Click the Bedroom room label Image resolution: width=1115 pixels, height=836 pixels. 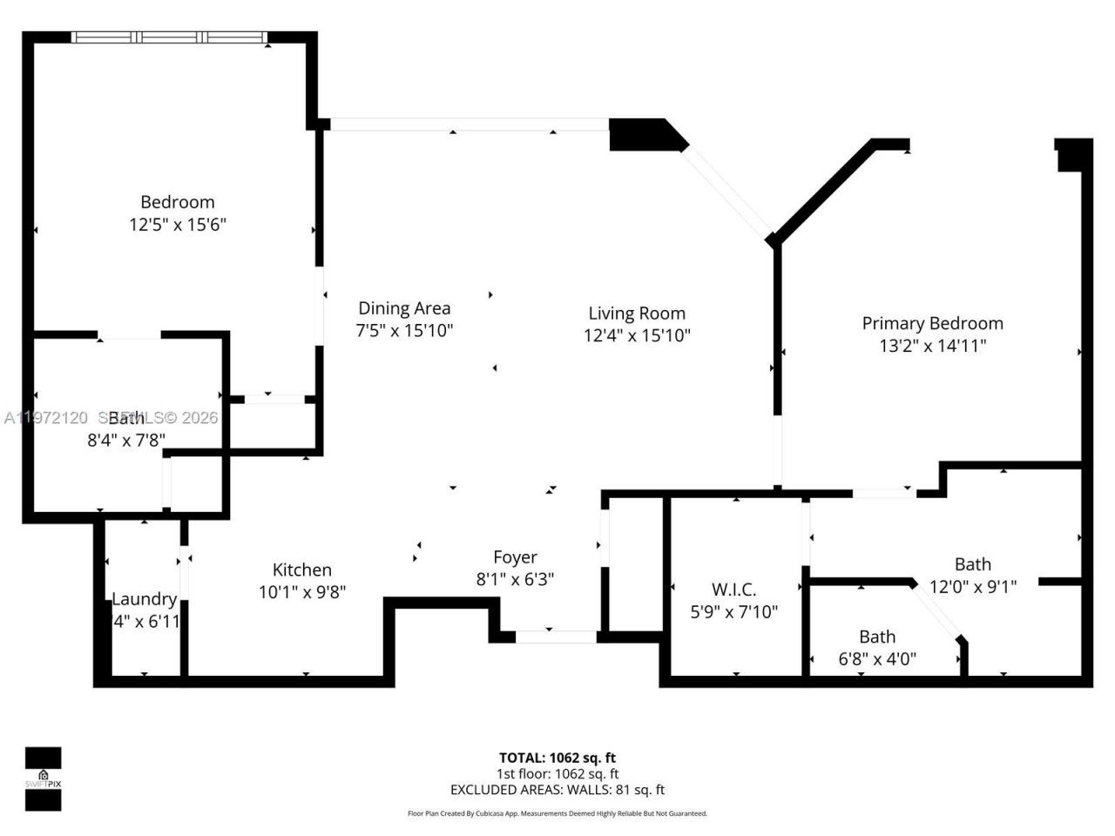[x=178, y=202]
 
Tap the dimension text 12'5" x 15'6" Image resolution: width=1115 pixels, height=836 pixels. [x=178, y=225]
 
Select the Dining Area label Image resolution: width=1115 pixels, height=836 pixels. [x=404, y=308]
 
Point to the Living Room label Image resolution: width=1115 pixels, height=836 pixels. [x=637, y=313]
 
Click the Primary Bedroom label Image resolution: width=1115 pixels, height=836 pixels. [x=932, y=323]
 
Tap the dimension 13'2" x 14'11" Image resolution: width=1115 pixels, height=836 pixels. [x=932, y=346]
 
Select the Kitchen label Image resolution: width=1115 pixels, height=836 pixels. [x=302, y=570]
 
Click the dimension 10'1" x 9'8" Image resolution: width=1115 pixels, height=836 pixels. [x=302, y=592]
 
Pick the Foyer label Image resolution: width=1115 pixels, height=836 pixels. [x=515, y=557]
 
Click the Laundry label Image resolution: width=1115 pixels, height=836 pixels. [x=145, y=599]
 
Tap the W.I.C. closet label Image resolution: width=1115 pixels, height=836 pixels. [x=733, y=590]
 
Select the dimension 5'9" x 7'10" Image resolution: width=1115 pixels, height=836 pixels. [x=733, y=612]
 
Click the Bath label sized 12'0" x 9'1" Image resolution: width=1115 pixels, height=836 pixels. [x=972, y=564]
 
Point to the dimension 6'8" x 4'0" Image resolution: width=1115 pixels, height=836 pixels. [x=877, y=659]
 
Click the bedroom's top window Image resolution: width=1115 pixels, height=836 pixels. [x=169, y=37]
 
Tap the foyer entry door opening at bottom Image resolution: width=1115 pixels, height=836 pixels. [x=556, y=637]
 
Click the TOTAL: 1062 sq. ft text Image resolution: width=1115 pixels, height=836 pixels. [x=557, y=758]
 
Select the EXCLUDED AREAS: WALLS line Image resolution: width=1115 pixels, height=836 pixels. [x=557, y=790]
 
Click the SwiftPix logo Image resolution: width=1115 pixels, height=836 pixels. [x=43, y=778]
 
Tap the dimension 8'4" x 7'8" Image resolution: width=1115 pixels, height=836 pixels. [x=126, y=441]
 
